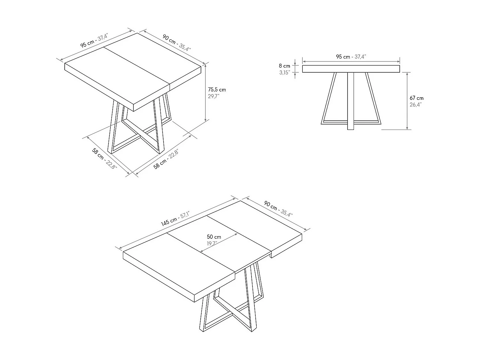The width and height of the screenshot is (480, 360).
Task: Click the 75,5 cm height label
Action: point(217,90)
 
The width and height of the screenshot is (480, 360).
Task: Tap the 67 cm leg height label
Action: point(417,98)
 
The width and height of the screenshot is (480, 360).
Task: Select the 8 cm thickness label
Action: point(284,66)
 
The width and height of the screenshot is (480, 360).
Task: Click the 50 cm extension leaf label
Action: point(214,237)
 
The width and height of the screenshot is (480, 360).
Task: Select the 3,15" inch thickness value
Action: point(284,73)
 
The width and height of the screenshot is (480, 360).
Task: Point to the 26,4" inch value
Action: point(416,105)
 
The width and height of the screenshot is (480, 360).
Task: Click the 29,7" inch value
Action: point(214,96)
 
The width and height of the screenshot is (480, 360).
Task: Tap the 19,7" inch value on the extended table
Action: point(212,244)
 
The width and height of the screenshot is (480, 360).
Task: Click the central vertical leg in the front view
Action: point(351,101)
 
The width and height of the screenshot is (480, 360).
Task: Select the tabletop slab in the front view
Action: point(351,69)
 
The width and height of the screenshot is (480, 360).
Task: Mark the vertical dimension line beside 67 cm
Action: point(407,101)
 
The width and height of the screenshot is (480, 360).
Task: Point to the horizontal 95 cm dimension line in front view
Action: point(351,61)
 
